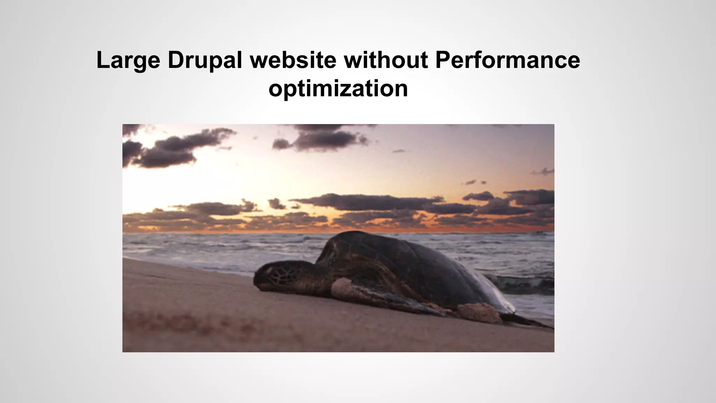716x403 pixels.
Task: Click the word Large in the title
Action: pyautogui.click(x=128, y=60)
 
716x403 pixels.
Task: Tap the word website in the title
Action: pyautogui.click(x=293, y=60)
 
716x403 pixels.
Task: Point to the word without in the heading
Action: pyautogui.click(x=386, y=60)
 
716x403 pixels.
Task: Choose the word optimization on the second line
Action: pyautogui.click(x=338, y=89)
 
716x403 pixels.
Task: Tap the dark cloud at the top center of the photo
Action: pyautogui.click(x=322, y=138)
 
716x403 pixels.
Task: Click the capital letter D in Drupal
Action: pyautogui.click(x=175, y=60)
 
